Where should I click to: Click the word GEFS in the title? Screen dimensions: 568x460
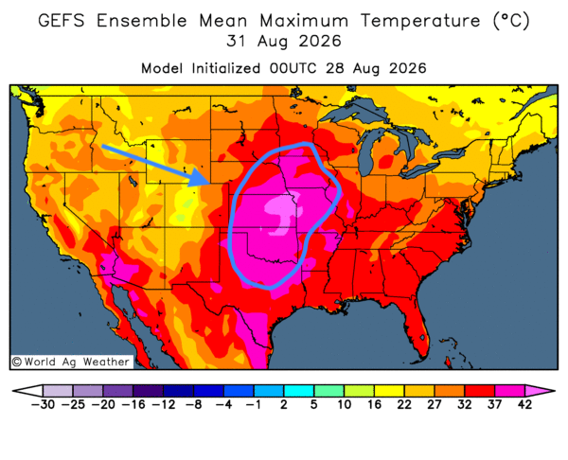62,20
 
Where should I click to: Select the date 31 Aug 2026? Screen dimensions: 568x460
284,41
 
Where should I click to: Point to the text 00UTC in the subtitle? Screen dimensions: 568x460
293,68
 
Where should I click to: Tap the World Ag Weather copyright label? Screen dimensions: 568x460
71,362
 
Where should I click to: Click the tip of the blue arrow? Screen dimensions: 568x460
210,182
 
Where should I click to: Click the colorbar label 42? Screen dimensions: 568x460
524,404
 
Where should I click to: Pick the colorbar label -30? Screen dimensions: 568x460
43,404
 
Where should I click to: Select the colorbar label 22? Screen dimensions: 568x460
404,404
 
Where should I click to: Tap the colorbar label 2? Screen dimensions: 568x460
284,404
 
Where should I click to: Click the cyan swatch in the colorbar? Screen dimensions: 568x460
298,391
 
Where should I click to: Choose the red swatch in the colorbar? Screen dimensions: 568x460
479,391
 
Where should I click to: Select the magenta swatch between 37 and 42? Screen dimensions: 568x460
509,391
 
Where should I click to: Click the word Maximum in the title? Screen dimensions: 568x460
304,20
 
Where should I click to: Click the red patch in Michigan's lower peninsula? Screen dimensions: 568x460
386,160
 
